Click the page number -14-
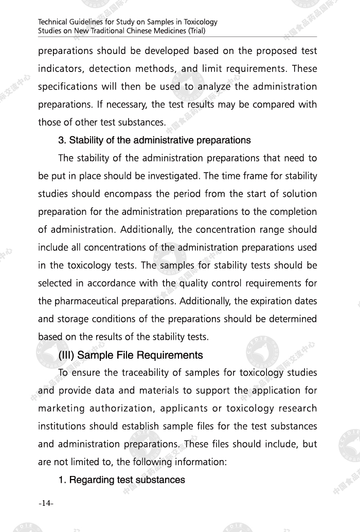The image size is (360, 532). (x=46, y=503)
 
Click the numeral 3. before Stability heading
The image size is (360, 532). (x=62, y=140)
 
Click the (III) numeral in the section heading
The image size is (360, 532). (x=67, y=355)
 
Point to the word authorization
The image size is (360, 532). (x=135, y=409)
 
